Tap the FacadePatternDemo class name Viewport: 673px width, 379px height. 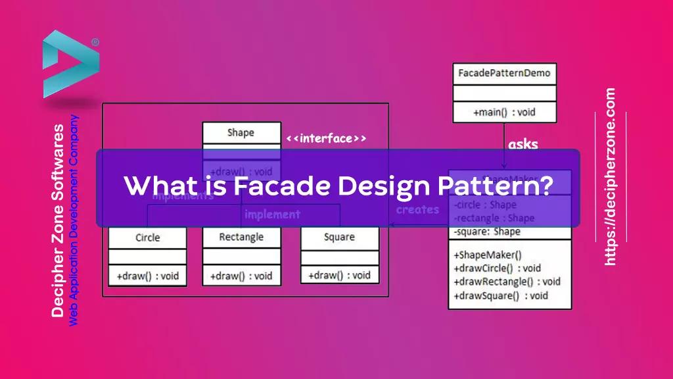504,73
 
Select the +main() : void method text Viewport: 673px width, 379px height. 504,113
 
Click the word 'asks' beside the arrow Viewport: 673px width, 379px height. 522,144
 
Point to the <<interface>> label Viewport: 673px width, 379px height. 326,138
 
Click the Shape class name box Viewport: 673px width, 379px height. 241,133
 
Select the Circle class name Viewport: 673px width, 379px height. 147,238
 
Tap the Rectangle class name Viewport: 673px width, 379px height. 241,237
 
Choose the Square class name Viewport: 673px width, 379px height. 339,237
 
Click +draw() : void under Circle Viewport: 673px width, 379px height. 147,276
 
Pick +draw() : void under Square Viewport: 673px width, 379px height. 339,275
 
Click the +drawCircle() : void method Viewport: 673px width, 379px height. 498,268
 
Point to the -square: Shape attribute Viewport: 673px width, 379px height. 487,231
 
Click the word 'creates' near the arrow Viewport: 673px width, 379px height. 417,210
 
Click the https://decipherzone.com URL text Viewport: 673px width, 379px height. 611,177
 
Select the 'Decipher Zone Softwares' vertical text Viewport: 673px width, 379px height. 58,220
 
